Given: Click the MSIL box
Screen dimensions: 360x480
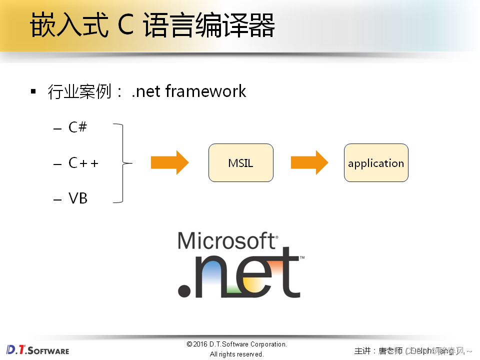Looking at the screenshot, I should (240, 163).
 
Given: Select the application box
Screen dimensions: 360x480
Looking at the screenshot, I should (376, 163).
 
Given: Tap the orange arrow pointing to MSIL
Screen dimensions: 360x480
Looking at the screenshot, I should (169, 163).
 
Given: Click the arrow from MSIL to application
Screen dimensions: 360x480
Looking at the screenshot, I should (309, 163).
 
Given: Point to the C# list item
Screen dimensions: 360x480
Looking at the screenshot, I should (77, 127).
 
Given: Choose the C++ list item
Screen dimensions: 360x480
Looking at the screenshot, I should (83, 163).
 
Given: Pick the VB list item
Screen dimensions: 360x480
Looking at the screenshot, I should (78, 198).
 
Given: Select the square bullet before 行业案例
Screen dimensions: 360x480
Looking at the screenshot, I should (33, 91).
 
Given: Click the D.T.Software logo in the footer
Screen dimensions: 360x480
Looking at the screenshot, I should (38, 349).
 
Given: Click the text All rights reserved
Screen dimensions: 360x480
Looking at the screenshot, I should (236, 354).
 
